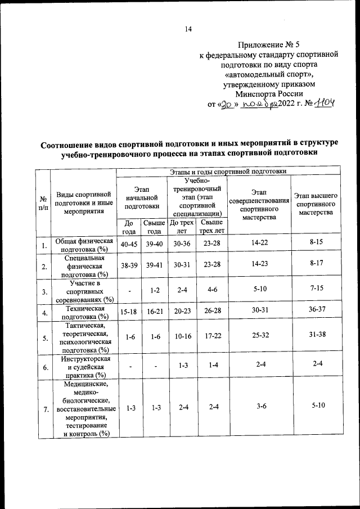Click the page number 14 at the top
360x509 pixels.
[x=188, y=30]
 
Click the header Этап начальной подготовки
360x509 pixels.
[x=138, y=199]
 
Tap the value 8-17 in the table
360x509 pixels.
[x=316, y=266]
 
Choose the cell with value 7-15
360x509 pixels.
[x=316, y=292]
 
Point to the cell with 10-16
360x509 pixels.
[x=181, y=337]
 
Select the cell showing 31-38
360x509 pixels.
[x=316, y=337]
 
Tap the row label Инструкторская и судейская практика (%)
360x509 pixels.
[x=83, y=367]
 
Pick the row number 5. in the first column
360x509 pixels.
[x=43, y=337]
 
